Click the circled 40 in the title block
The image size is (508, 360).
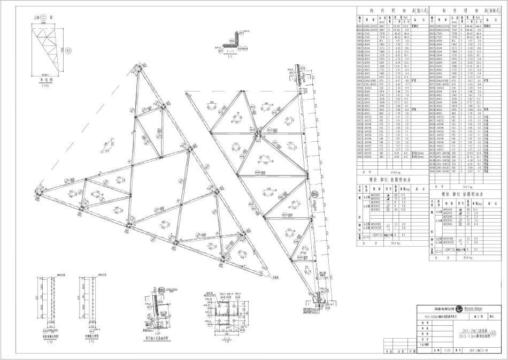pyautogui.click(x=501, y=333)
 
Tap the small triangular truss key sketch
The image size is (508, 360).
pyautogui.click(x=51, y=51)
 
